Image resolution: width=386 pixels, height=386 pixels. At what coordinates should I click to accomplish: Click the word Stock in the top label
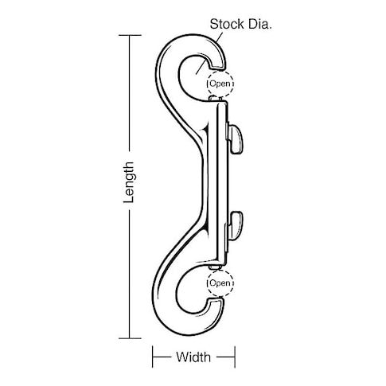227,24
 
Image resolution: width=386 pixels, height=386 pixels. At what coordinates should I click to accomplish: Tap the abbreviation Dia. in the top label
260,24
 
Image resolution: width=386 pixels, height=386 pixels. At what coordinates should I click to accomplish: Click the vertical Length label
129,182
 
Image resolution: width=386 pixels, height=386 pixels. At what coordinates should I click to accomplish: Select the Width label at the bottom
193,357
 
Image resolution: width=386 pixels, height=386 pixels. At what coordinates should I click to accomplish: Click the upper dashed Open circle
220,84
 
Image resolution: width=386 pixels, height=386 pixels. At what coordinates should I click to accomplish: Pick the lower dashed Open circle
220,283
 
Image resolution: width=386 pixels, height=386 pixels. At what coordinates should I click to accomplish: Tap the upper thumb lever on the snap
236,139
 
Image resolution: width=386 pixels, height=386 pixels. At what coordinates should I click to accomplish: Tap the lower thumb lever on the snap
235,225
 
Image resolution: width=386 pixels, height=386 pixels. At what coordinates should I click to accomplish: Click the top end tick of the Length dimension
130,35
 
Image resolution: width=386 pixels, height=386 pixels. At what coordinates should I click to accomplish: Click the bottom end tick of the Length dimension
130,338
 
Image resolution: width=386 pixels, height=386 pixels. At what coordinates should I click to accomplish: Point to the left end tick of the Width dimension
153,357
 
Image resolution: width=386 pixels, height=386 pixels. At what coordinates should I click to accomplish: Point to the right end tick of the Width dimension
235,357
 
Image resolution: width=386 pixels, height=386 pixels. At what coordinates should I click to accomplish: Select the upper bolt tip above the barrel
216,99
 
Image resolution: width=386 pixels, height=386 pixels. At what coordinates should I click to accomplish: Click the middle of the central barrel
217,183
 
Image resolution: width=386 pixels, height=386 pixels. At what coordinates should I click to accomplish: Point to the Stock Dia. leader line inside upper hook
201,67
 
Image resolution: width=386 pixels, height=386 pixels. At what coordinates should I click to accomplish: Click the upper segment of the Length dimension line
130,93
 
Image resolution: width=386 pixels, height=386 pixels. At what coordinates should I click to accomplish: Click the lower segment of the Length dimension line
130,274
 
